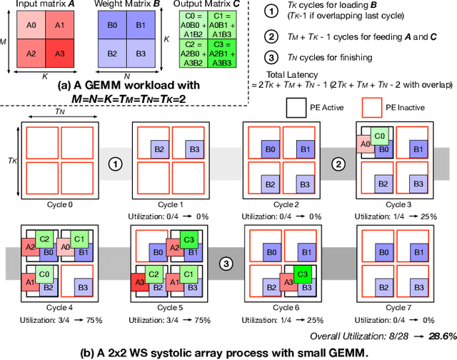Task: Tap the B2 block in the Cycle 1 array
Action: [159, 151]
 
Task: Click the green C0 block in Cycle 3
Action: [381, 135]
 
